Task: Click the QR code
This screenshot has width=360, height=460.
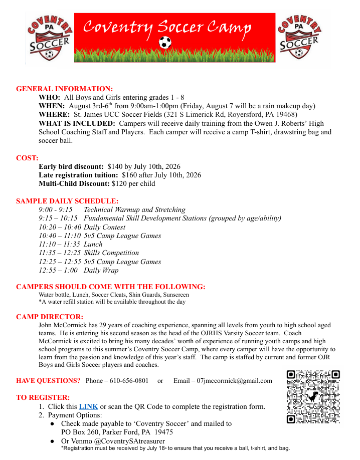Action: tap(313, 397)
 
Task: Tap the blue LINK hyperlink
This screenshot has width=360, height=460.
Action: tap(88, 406)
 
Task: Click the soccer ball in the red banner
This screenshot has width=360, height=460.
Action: tap(164, 43)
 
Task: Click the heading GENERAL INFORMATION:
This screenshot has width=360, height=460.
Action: tap(65, 89)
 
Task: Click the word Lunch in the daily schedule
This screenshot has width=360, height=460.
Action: tap(93, 244)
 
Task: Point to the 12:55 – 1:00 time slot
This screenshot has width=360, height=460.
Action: tap(58, 270)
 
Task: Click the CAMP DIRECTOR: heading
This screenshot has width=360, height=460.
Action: tap(50, 317)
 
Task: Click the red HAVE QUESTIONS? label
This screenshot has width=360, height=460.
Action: tap(48, 381)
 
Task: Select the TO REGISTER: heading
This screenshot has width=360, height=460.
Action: tap(43, 397)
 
